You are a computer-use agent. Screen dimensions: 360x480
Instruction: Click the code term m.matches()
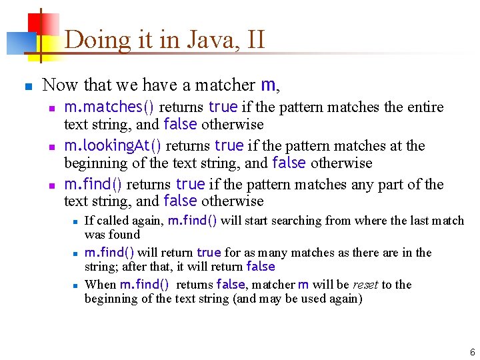pos(109,107)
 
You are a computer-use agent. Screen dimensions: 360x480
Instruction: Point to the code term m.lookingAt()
pos(113,146)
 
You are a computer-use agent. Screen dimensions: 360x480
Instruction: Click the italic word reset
pos(365,285)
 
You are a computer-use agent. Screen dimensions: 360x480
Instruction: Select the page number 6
pos(472,352)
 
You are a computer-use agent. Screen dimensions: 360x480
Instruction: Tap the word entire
pos(424,107)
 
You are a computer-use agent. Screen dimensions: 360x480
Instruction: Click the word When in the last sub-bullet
pos(100,285)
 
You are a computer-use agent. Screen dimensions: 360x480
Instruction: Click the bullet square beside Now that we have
pos(27,86)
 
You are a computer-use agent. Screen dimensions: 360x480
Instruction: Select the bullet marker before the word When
pos(77,285)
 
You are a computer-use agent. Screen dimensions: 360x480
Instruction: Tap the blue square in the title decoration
pos(19,43)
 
